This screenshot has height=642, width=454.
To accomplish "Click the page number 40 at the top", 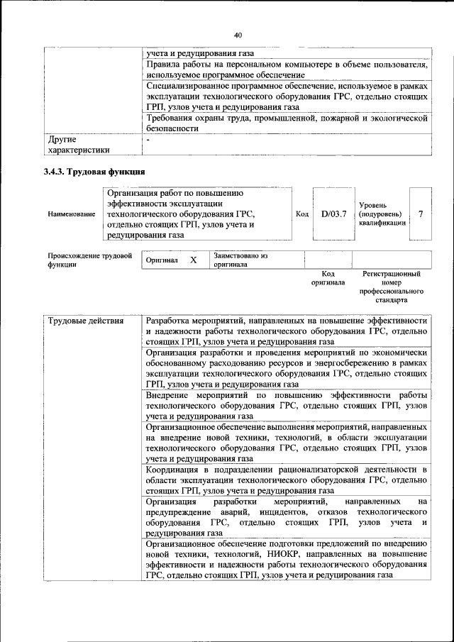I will click(238, 35).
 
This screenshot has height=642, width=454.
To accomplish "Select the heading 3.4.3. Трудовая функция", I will click(95, 172).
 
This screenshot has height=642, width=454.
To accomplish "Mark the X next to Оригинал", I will click(193, 260).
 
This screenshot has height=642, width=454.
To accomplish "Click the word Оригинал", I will click(162, 260).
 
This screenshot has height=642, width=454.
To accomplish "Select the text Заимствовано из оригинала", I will click(240, 260).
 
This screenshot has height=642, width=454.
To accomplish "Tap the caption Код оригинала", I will click(328, 277).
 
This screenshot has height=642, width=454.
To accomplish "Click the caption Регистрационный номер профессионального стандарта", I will click(391, 287).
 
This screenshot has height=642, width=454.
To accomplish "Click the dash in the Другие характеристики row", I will click(148, 140).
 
